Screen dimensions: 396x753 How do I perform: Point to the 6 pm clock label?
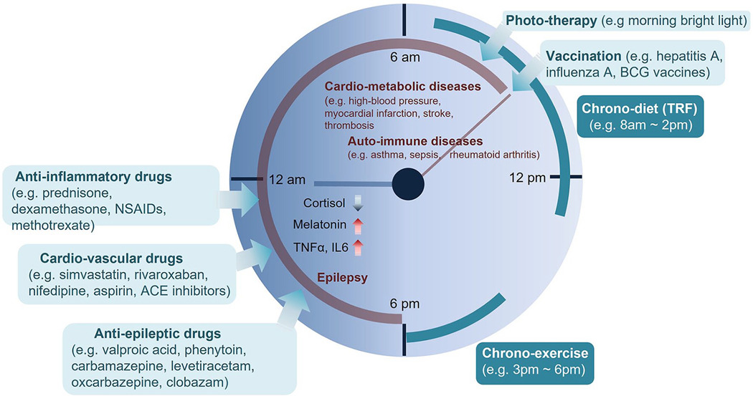[x=404, y=303]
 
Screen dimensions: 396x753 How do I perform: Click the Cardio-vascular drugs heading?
[x=102, y=258]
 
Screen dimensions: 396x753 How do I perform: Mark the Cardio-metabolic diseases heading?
[x=411, y=87]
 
